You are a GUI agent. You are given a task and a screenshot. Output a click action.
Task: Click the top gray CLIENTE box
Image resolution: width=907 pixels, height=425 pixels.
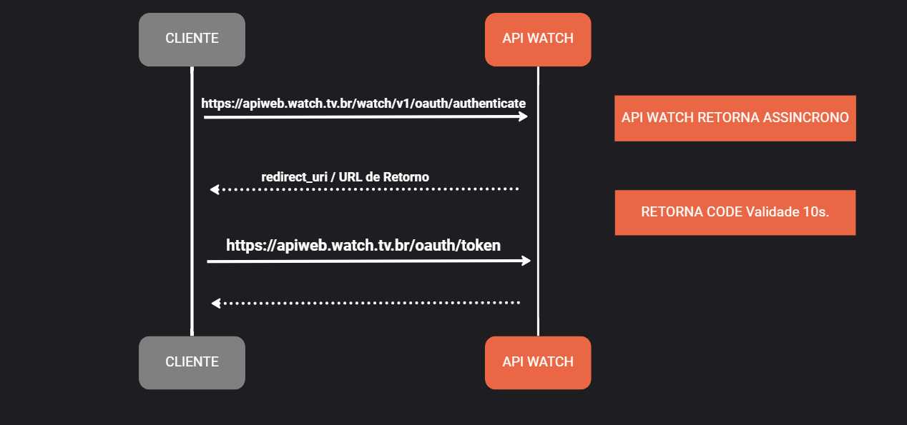coord(192,39)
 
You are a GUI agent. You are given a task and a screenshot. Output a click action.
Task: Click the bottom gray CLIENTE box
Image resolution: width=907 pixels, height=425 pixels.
coord(192,362)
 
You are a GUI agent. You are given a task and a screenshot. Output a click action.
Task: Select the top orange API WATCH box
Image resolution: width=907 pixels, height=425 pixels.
coord(538,39)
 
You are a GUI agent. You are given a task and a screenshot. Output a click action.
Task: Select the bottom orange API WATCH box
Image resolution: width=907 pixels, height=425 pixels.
coord(538,362)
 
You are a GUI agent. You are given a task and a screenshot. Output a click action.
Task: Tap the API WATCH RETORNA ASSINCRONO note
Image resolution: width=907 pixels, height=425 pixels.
coord(735,118)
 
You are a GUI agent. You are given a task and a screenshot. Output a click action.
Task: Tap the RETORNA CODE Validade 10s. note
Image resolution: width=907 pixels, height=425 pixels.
coord(735,212)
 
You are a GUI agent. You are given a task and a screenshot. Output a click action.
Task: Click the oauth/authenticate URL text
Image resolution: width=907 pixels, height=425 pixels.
coord(363,104)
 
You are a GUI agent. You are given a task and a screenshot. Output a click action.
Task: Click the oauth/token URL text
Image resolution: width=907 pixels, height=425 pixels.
coord(363,246)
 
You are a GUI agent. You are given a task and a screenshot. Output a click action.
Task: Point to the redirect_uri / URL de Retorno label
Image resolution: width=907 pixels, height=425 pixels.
coord(345,176)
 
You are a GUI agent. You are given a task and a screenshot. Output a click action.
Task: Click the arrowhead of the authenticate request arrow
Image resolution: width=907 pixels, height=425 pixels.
coord(524,116)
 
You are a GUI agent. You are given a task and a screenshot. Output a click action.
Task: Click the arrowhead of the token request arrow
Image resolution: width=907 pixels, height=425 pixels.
coord(526,261)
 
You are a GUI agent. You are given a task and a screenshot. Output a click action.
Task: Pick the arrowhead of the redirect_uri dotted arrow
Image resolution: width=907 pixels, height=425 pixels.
coord(214,189)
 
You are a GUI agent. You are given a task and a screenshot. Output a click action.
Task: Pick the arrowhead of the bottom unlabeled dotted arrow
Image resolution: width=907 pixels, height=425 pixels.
coord(215,303)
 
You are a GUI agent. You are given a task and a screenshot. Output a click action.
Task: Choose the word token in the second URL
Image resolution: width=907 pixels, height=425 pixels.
coord(481,246)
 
